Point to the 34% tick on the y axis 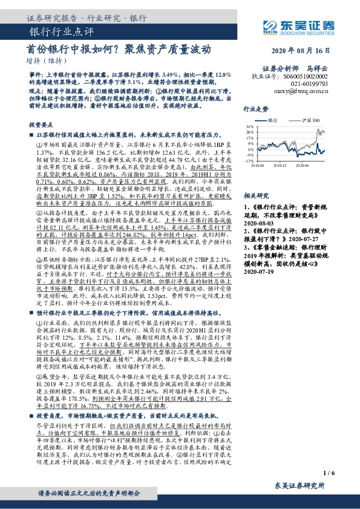point(249,126)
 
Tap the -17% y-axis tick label point(248,161)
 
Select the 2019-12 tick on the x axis point(278,164)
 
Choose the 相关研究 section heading point(254,196)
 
